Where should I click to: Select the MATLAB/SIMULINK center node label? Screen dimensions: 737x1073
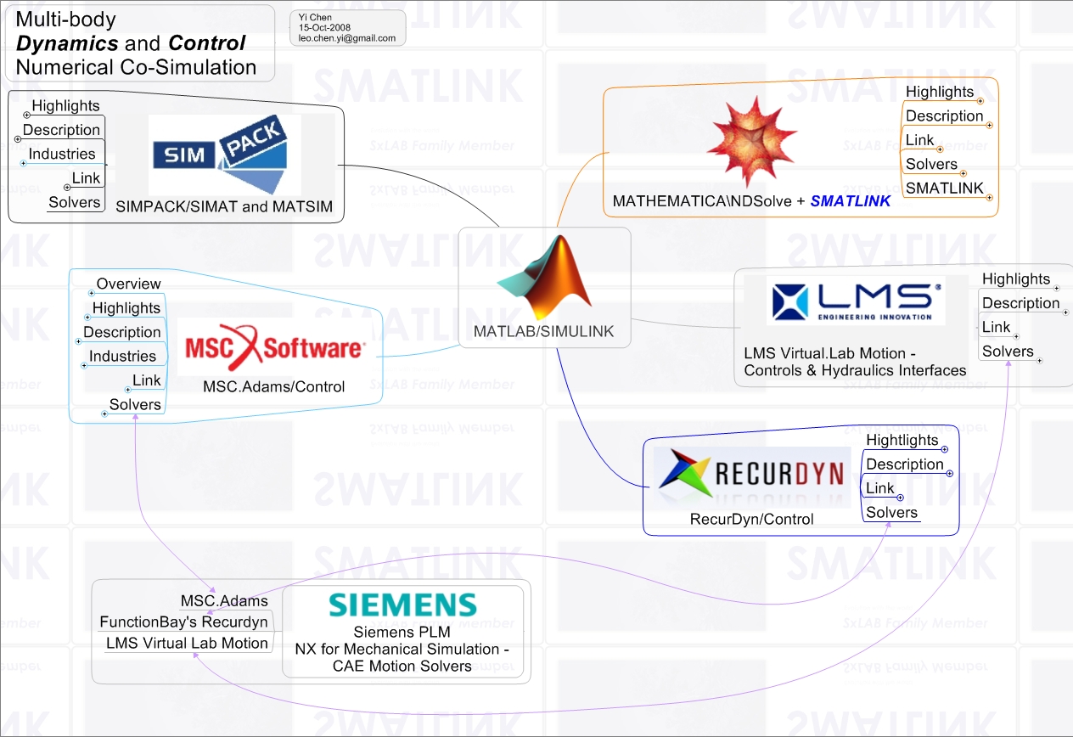543,331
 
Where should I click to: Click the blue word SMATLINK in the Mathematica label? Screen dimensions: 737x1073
851,201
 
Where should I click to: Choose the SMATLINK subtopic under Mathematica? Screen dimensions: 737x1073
944,188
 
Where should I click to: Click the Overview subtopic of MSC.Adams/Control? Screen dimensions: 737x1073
128,284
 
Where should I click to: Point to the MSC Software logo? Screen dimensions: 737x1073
274,347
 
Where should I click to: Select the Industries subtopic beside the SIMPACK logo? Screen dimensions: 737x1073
62,154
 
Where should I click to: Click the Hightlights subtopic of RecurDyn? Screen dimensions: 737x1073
902,440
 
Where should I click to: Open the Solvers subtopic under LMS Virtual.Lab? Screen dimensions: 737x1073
1008,352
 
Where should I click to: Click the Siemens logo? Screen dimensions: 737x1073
402,605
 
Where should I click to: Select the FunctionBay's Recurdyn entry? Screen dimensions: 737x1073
183,622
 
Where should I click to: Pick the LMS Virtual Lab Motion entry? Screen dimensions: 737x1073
187,643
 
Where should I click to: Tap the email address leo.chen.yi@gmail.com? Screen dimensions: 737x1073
348,38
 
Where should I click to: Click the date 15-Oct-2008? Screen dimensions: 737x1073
325,27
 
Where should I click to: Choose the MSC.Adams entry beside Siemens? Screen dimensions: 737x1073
224,601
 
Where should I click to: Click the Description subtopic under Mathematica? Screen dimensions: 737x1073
944,116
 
